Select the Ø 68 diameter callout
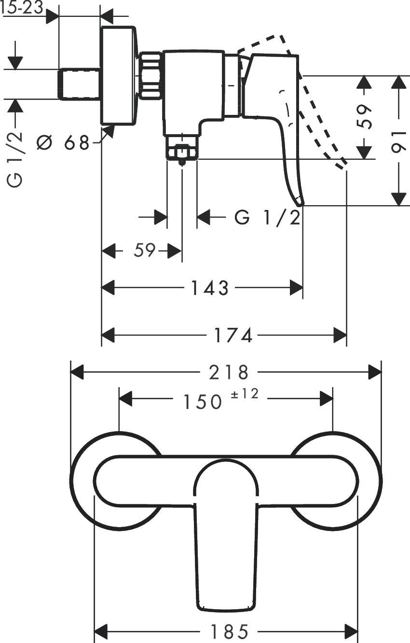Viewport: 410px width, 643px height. point(63,142)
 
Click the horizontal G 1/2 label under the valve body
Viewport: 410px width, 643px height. point(268,218)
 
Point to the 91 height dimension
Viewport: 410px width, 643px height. point(398,141)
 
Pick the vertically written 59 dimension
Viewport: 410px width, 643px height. point(367,117)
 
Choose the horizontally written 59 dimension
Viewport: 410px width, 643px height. point(144,251)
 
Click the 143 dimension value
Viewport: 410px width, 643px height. point(209,288)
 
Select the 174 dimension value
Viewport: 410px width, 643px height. point(233,335)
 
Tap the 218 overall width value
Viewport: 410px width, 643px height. point(229,372)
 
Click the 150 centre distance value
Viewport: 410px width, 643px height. point(202,401)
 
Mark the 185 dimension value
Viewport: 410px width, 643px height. point(229,630)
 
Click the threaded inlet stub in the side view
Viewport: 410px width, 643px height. point(80,84)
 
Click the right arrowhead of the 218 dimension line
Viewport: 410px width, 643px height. point(375,372)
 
